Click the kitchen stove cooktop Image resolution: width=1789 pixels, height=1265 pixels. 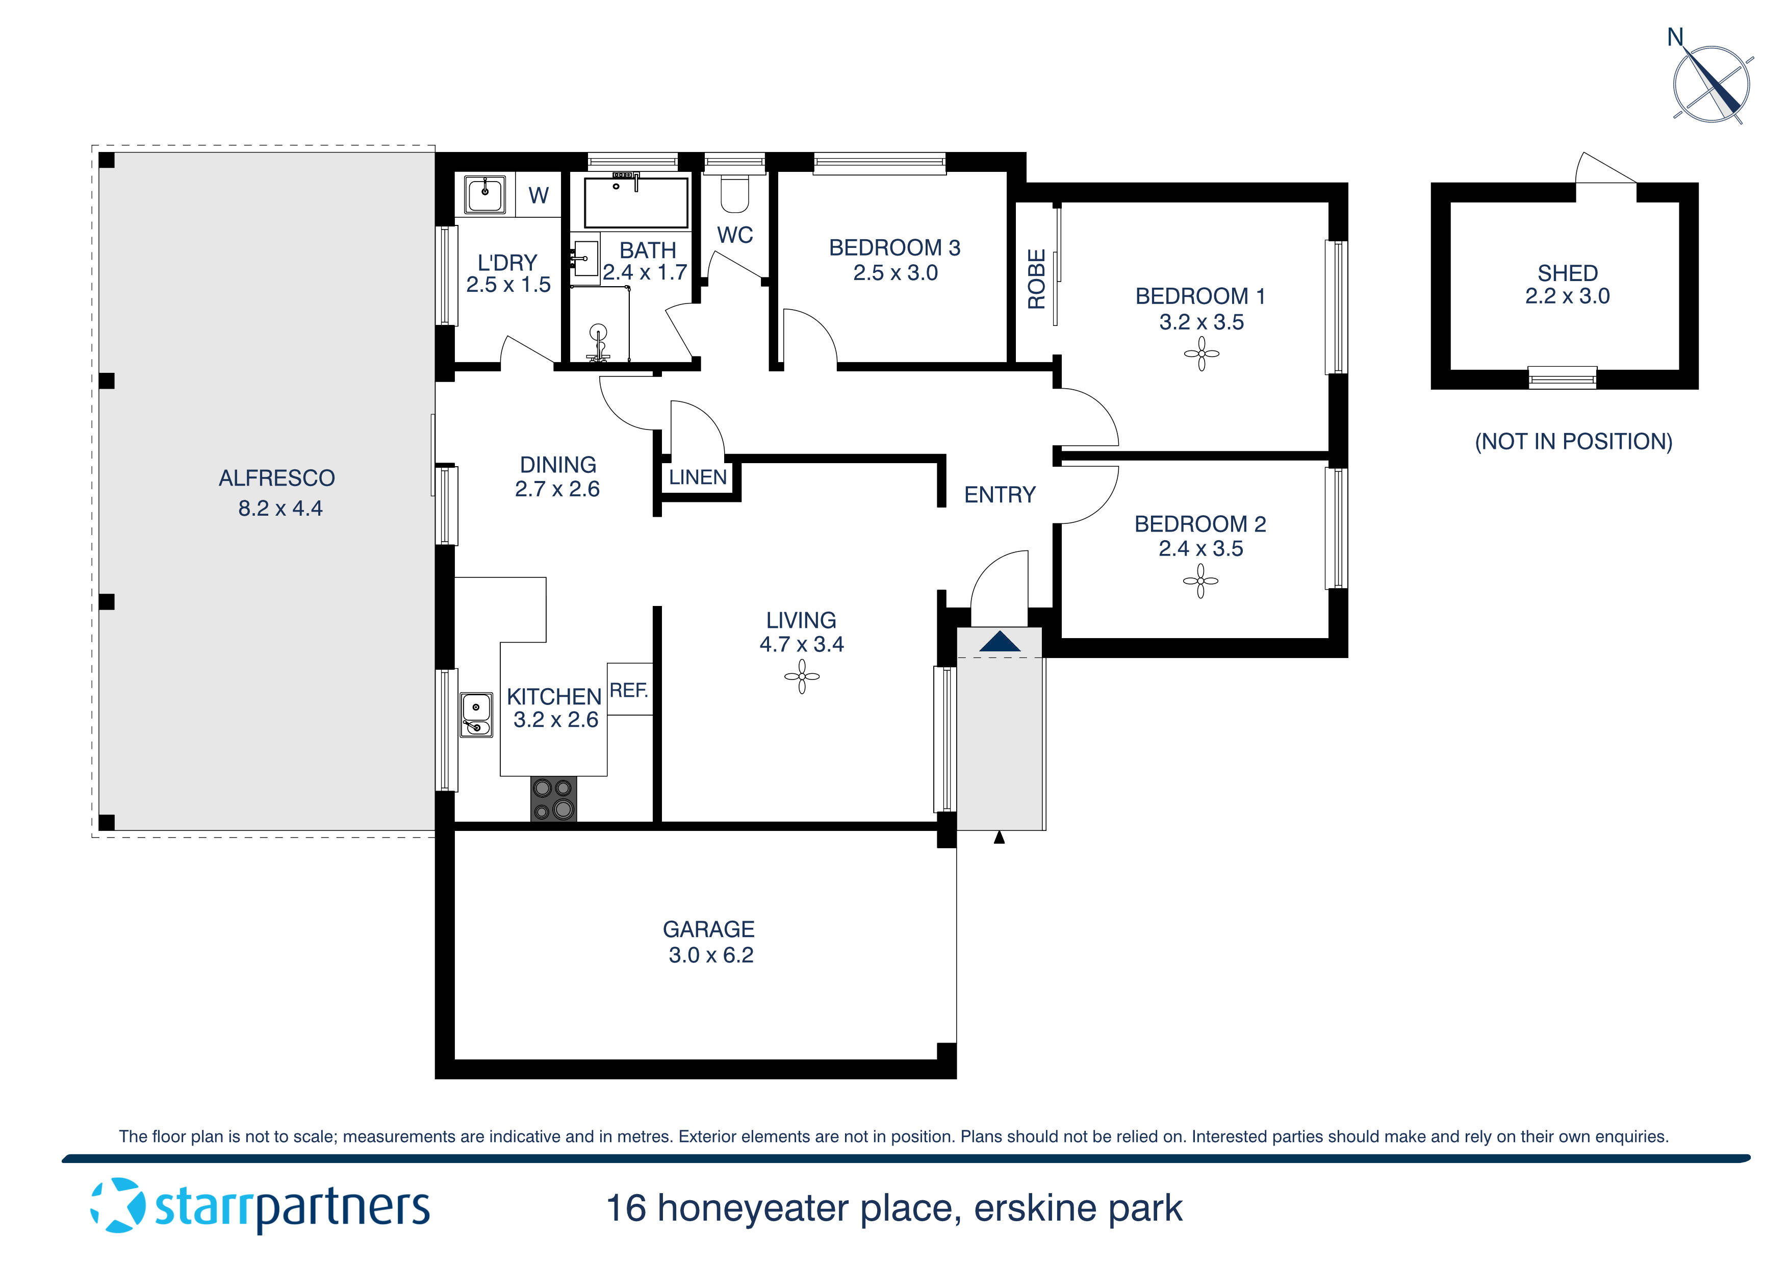pos(553,799)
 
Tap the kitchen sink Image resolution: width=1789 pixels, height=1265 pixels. pos(476,715)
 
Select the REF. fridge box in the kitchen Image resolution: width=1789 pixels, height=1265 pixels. pos(629,690)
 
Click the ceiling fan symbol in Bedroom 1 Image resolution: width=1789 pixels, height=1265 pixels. pos(1202,355)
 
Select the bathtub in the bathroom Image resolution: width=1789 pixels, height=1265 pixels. pos(636,203)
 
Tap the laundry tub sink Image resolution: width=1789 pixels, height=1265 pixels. pos(484,193)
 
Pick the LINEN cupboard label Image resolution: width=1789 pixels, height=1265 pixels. pos(697,477)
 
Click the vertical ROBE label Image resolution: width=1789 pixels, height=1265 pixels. pos(1036,279)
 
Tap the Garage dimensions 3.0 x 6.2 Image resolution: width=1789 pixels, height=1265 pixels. pos(710,955)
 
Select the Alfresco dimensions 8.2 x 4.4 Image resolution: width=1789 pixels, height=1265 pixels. pos(280,508)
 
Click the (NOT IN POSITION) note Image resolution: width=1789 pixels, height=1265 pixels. pos(1573,442)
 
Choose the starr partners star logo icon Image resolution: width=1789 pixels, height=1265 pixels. pos(118,1206)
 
